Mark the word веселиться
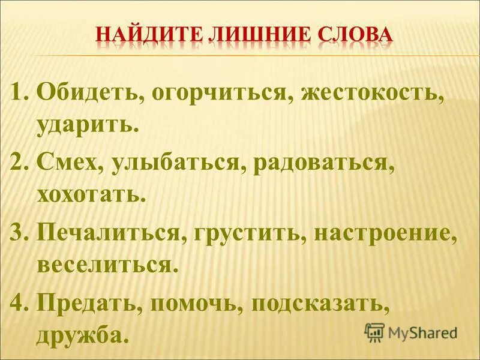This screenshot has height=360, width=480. point(108,264)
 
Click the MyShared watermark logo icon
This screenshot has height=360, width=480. point(374,331)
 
